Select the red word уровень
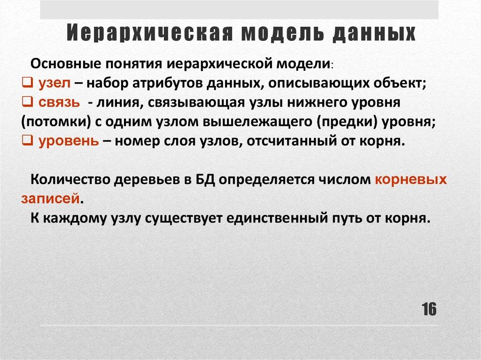(68, 141)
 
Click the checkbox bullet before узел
(27, 83)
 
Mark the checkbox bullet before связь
(27, 102)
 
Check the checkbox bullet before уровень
(27, 141)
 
